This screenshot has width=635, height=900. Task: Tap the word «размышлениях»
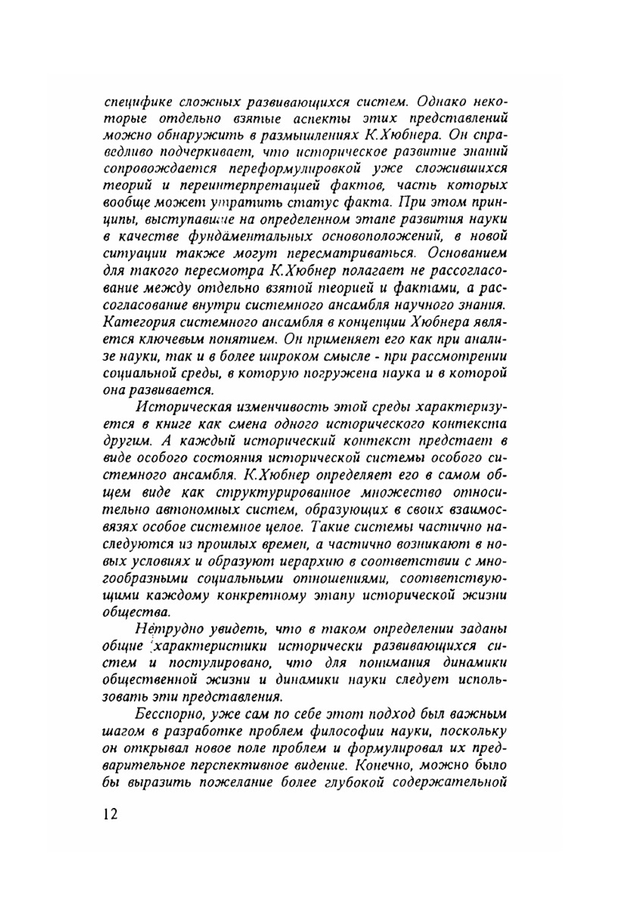coord(313,135)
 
